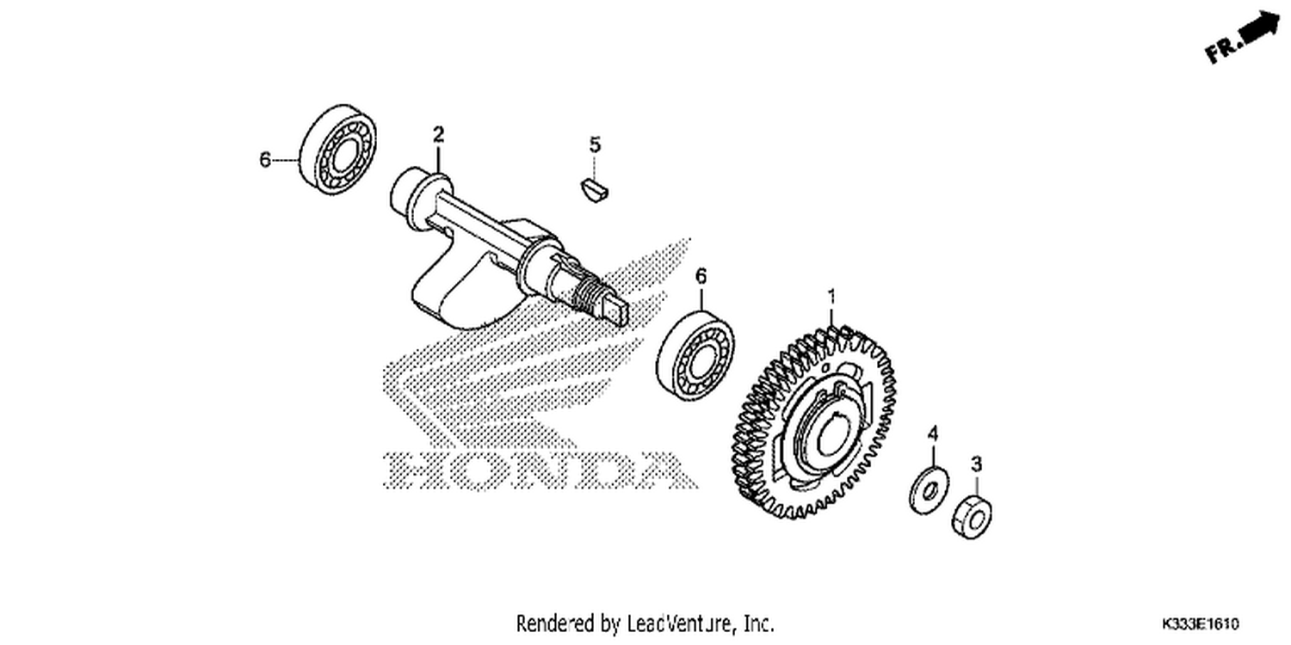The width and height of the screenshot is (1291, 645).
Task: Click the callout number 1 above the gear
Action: point(831,298)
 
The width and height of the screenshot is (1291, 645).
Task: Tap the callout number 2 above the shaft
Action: point(439,135)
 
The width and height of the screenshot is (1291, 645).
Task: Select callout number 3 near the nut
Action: point(976,464)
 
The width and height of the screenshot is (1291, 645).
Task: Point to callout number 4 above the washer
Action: point(932,433)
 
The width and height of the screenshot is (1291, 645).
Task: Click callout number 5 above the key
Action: point(595,144)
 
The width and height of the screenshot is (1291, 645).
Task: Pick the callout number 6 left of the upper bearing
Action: point(264,159)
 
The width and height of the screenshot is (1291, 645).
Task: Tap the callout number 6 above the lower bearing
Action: point(701,276)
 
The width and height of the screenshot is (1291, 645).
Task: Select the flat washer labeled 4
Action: point(929,490)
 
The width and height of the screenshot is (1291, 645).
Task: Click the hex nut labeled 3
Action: point(972,517)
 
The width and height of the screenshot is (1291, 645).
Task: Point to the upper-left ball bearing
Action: point(339,149)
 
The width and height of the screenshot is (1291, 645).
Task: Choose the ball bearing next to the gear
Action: point(695,357)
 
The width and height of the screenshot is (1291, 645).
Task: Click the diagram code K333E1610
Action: point(1200,624)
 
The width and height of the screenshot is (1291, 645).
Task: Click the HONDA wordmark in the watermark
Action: point(540,470)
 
